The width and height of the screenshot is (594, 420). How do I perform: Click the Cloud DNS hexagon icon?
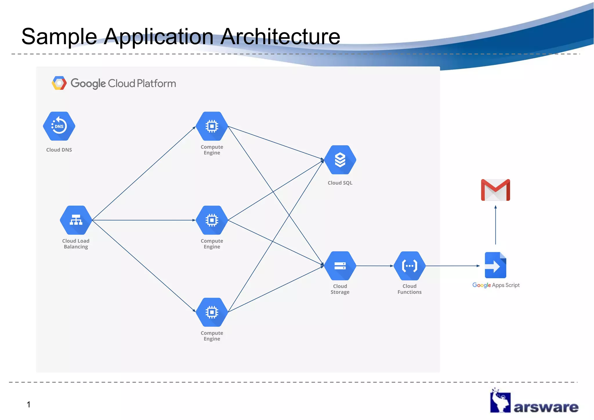59,126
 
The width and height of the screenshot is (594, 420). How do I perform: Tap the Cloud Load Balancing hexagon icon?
76,220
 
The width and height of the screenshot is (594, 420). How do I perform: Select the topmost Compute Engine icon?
212,126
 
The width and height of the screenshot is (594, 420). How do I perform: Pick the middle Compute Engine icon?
212,220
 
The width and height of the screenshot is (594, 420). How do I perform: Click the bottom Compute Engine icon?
212,312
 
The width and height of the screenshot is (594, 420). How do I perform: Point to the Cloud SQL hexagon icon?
340,160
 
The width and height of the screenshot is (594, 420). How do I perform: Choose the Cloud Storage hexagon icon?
340,266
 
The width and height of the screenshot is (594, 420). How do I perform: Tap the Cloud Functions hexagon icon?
410,266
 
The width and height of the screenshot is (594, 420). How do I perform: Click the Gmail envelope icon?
495,190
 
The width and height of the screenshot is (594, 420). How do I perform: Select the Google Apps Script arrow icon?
495,265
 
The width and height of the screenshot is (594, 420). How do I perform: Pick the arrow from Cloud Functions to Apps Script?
452,266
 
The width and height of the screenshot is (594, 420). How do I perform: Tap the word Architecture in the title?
280,37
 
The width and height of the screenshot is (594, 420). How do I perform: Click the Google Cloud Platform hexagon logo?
59,83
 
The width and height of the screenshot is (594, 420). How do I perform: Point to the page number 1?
28,404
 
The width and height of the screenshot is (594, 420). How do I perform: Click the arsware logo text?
546,407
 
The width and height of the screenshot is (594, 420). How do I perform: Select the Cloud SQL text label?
340,183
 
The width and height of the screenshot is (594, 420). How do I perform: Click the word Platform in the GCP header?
156,84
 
